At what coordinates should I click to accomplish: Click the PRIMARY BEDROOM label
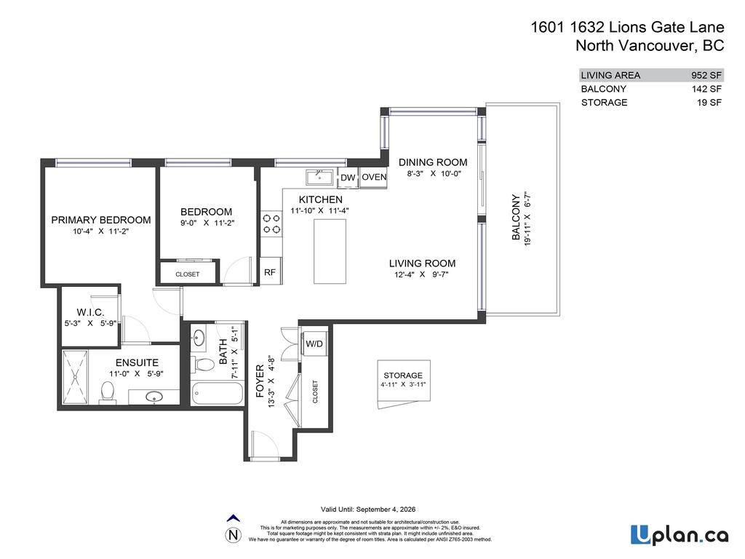tap(100, 220)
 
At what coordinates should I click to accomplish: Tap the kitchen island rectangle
tap(329, 251)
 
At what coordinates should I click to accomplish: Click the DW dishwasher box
tap(348, 178)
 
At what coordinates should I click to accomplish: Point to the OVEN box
tap(374, 177)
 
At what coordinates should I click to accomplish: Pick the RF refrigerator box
tap(269, 272)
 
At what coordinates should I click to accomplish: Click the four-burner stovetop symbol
tap(271, 223)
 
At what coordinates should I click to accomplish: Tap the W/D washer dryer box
tap(314, 344)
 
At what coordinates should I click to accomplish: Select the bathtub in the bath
tap(216, 394)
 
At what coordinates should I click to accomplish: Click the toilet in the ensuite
tap(107, 392)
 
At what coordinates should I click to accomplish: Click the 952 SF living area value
tap(706, 75)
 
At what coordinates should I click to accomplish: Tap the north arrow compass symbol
tap(234, 531)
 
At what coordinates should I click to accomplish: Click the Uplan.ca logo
tap(679, 535)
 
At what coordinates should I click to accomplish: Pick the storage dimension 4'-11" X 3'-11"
tap(403, 385)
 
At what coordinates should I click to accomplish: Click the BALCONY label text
tap(516, 217)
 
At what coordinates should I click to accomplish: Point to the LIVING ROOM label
tap(422, 263)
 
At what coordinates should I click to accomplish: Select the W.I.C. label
tap(90, 312)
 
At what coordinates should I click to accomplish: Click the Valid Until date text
tap(368, 510)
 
